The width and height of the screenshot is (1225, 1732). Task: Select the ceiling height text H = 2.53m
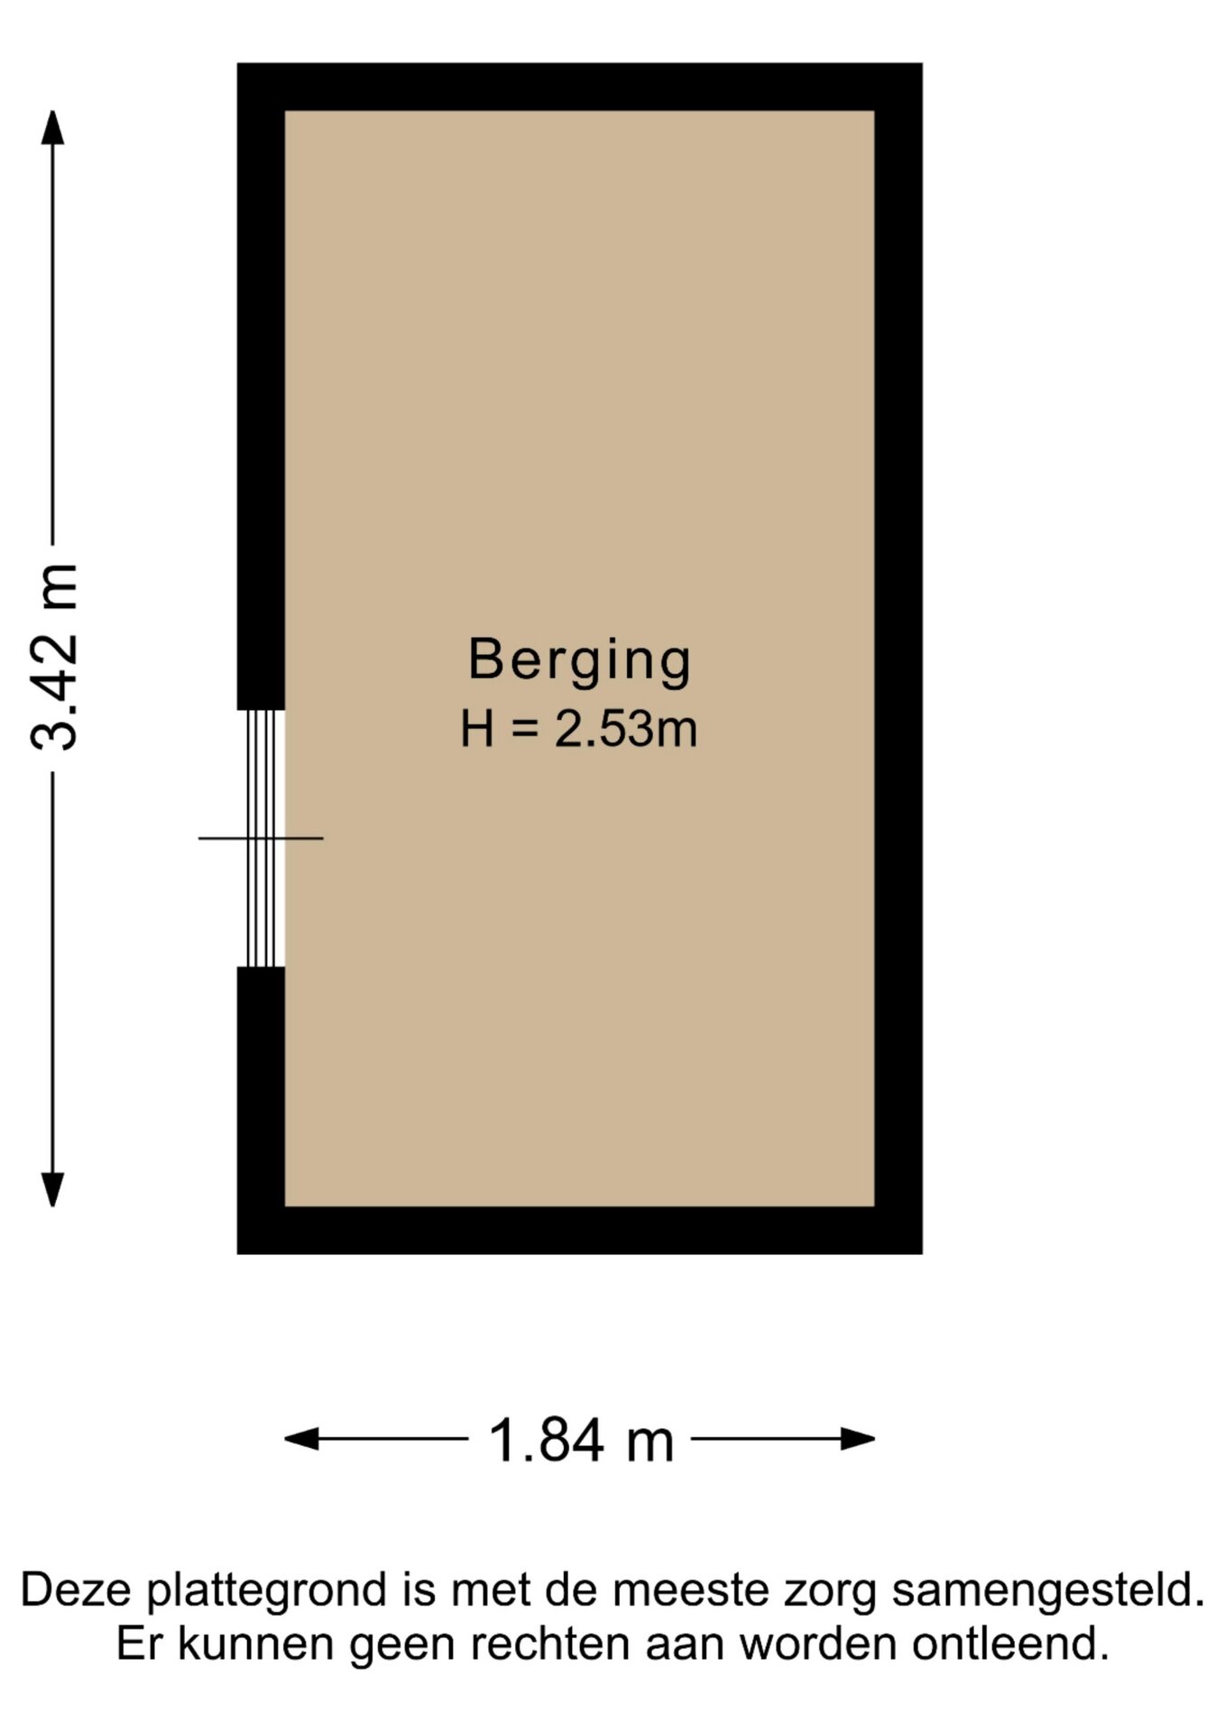pos(579,729)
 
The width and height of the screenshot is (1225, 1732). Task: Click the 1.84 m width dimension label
pos(581,1441)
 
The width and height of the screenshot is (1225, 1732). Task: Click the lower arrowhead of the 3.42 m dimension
pos(53,1190)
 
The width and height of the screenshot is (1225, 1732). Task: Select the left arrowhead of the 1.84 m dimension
pos(301,1439)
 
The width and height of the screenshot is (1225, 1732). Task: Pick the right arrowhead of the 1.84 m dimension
pos(858,1439)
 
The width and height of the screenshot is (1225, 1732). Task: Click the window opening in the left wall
pos(261,838)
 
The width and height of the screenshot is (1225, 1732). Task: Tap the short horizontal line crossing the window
pos(261,839)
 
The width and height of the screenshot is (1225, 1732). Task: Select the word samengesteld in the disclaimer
pos(1048,1591)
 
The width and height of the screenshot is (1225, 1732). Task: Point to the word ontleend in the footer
pos(1010,1644)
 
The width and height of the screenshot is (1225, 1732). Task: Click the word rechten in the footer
pos(549,1644)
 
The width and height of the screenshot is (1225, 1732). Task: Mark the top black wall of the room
pos(580,87)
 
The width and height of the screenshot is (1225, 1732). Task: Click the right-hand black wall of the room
pos(898,659)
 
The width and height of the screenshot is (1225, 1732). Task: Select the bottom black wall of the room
pos(580,1230)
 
